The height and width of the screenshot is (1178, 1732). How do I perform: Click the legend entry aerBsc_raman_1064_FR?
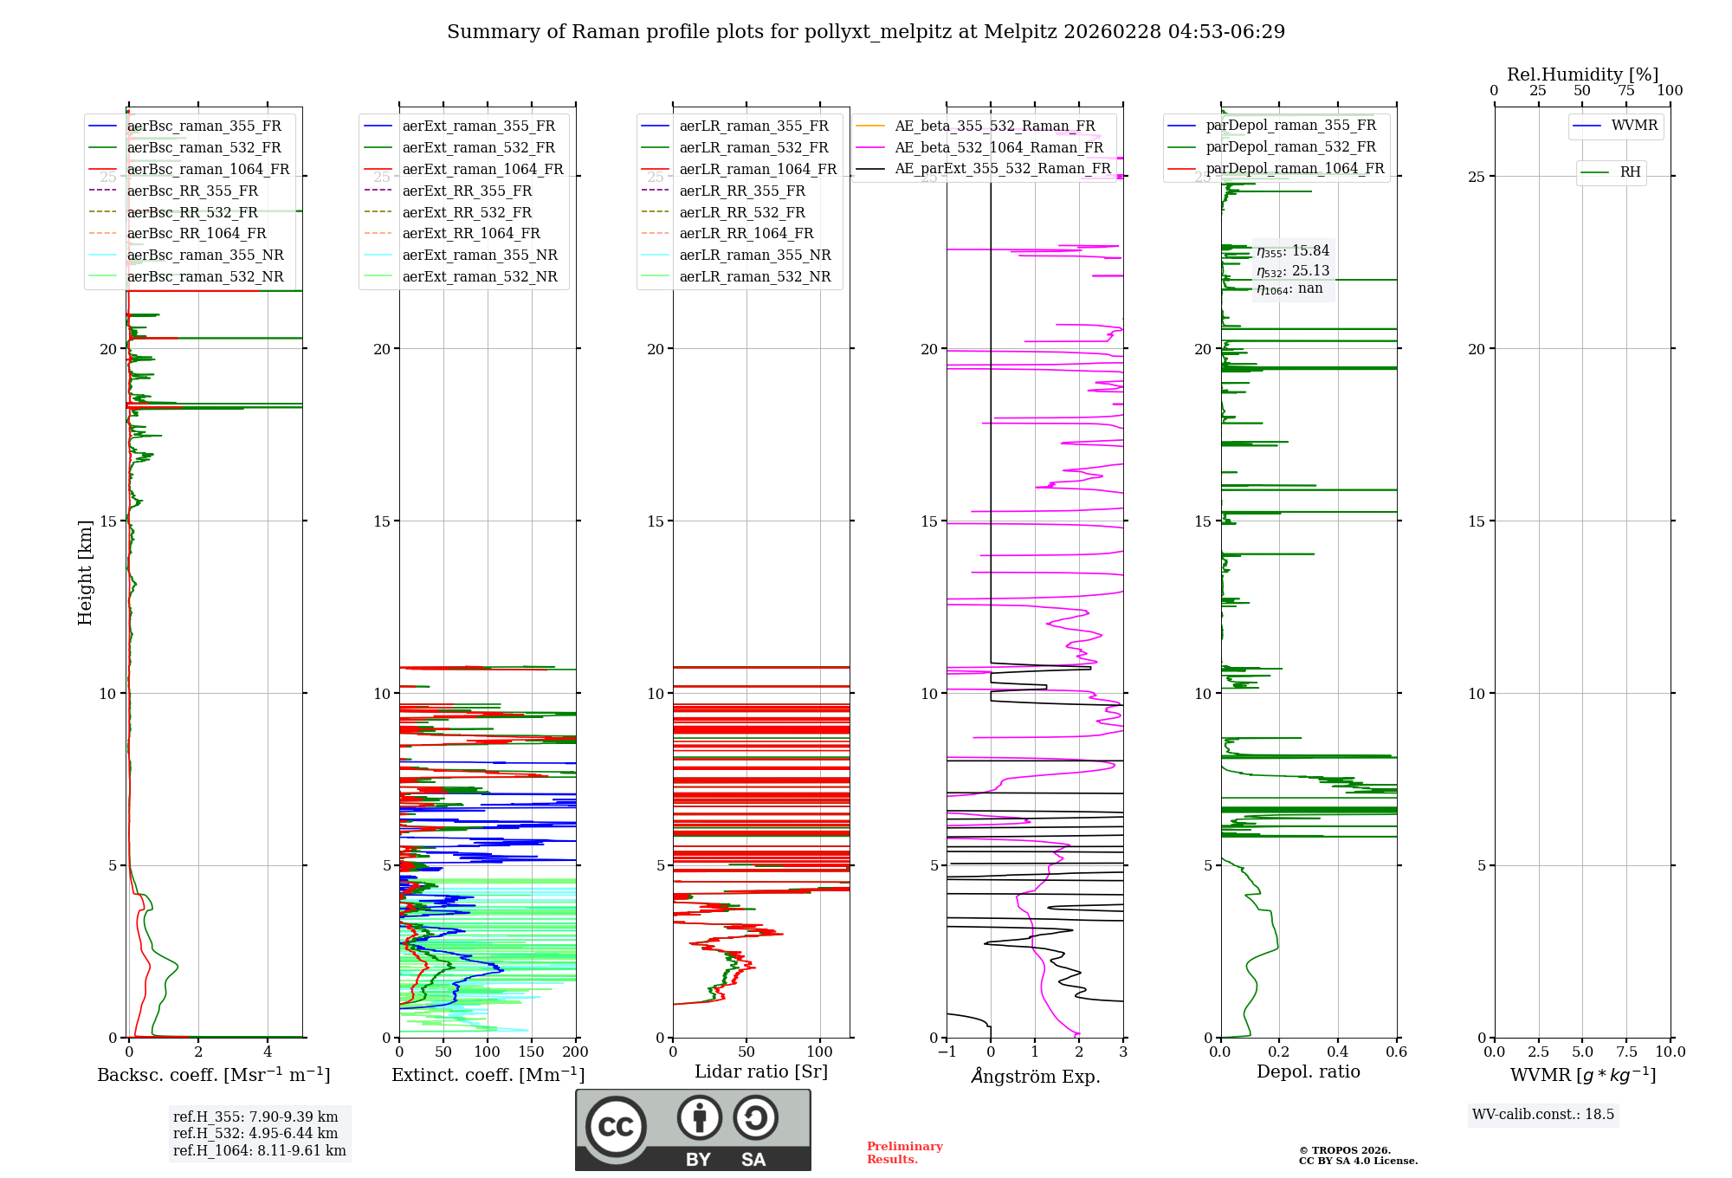208,169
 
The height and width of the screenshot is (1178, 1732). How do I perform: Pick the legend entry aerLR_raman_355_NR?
754,255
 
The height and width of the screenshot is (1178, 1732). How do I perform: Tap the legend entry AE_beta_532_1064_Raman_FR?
998,147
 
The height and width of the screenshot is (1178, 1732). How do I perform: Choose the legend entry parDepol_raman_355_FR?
1290,126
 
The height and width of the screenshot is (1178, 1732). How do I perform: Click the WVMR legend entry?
1633,126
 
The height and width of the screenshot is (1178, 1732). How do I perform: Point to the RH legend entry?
1630,172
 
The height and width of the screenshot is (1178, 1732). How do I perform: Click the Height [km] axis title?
85,573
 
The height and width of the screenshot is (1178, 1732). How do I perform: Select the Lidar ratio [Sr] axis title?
761,1071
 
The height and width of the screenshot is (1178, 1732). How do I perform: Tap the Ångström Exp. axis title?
1036,1076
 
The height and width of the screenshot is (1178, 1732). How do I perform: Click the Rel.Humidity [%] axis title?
1582,74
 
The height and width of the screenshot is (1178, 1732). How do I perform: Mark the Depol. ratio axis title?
1308,1071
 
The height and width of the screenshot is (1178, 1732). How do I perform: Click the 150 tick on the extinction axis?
531,1052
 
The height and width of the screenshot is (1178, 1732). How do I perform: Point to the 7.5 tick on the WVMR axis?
1626,1052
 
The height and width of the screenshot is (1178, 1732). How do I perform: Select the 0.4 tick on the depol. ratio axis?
1337,1052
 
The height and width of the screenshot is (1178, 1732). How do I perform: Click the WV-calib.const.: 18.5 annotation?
1543,1114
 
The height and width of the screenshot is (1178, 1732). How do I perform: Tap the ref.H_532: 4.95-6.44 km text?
255,1133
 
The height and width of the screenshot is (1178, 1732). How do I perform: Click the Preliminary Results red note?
904,1153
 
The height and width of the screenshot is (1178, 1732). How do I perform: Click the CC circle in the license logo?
616,1127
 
